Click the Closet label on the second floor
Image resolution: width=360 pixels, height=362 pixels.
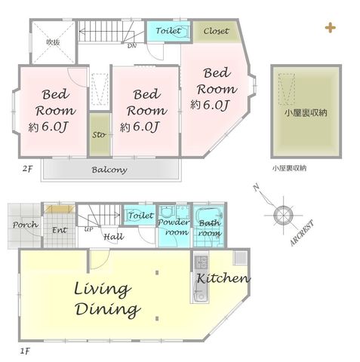coord(216,31)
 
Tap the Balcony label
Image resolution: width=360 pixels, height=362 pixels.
coord(109,170)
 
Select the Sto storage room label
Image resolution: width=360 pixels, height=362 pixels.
coord(99,135)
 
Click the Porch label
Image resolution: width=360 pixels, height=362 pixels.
coord(26,225)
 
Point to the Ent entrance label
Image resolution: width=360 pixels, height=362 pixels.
coord(60,230)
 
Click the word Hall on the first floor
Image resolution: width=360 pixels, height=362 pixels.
coord(114,237)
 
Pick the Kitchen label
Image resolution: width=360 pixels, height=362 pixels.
coord(223,278)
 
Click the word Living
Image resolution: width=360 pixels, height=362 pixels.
coord(103,290)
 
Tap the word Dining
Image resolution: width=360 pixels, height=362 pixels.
coord(108,309)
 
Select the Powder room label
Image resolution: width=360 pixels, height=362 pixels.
coord(174,227)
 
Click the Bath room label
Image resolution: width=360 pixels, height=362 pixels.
coord(210,228)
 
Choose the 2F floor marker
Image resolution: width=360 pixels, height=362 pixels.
coord(27,169)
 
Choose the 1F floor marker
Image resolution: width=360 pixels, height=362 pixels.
coord(25,351)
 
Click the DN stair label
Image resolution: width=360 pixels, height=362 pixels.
coord(131,46)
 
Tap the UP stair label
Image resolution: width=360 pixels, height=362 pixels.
coord(88,229)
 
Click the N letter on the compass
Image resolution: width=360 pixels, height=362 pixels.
coord(257,188)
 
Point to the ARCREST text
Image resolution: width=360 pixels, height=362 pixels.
coord(302,233)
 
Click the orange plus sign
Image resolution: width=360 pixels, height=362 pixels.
coord(331,28)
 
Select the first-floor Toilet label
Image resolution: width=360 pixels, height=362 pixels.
coord(141,215)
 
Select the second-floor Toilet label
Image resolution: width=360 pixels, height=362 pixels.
coord(168,31)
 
